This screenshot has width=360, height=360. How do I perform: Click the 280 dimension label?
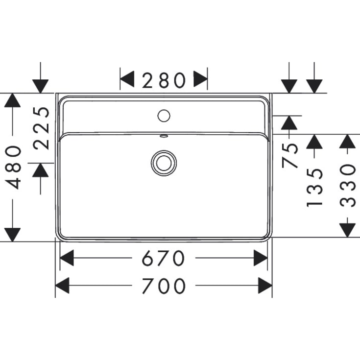[164, 80]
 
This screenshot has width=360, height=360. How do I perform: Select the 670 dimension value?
[163, 258]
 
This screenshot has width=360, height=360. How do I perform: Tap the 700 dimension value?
[164, 286]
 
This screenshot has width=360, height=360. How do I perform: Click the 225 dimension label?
[43, 128]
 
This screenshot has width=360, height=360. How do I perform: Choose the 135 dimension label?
[315, 187]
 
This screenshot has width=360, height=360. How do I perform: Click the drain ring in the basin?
[164, 162]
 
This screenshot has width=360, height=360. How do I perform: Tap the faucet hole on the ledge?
[164, 116]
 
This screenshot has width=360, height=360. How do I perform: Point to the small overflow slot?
[164, 136]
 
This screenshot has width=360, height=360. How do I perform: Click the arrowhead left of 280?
[127, 79]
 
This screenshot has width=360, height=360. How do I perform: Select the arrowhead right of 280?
[200, 79]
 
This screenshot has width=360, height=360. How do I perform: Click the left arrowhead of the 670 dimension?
[67, 258]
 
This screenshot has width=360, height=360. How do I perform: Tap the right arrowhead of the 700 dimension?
[265, 286]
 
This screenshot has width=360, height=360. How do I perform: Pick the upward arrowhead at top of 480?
[12, 100]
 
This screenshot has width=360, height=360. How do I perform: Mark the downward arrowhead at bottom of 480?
[12, 234]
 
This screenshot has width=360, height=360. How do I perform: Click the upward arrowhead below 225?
[41, 170]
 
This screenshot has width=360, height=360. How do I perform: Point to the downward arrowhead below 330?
[347, 229]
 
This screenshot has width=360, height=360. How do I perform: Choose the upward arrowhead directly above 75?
[289, 123]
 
